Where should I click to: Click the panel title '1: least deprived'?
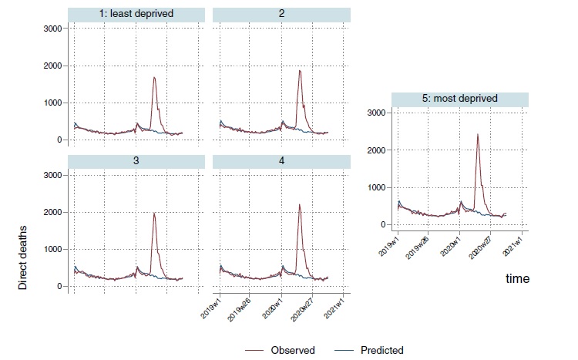pos(136,14)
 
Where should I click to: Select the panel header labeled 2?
pos(281,14)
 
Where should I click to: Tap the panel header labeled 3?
pos(136,160)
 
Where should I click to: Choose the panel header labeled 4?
pos(281,160)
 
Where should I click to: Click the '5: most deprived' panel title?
pos(460,99)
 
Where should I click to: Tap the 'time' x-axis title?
pos(517,278)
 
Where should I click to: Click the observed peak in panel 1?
pos(155,77)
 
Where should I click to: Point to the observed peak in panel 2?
pos(300,71)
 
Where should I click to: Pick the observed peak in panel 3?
pos(154,214)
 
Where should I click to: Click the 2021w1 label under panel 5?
pos(516,247)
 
